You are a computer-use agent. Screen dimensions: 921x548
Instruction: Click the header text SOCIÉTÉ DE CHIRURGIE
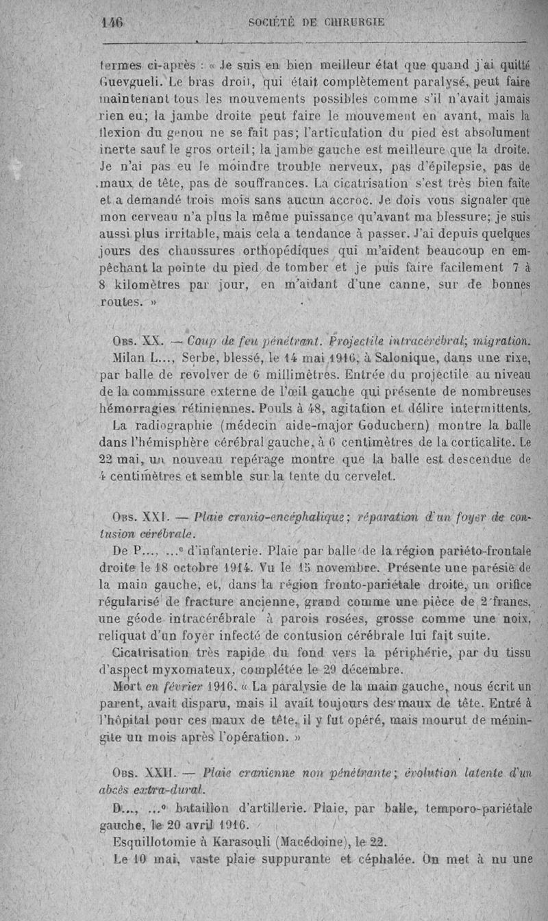tap(316, 22)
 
